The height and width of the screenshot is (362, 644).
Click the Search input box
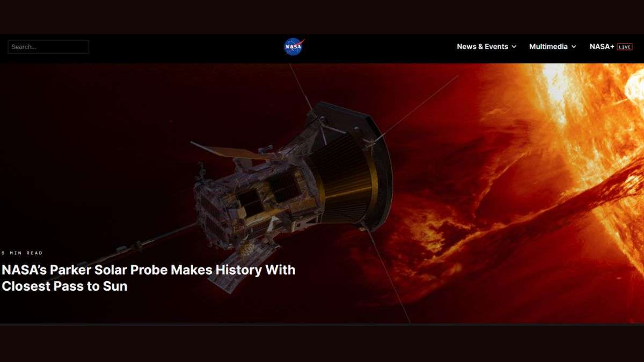click(48, 47)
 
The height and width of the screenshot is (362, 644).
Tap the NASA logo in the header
click(294, 47)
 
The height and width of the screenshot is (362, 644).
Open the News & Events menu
click(482, 47)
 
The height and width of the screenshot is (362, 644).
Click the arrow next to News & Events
click(514, 47)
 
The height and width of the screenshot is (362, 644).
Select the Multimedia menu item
click(548, 47)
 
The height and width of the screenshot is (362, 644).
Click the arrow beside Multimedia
click(574, 47)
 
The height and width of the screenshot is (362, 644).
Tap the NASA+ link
click(602, 47)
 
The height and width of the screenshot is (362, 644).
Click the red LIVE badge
click(625, 47)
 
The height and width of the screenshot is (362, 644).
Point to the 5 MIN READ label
click(22, 253)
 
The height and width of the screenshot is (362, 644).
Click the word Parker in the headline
click(70, 270)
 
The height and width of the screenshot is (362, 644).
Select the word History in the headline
click(239, 271)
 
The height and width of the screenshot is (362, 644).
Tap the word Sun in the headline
click(115, 286)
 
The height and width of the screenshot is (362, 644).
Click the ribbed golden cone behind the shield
click(342, 178)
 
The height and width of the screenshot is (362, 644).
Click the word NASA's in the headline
click(24, 270)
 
